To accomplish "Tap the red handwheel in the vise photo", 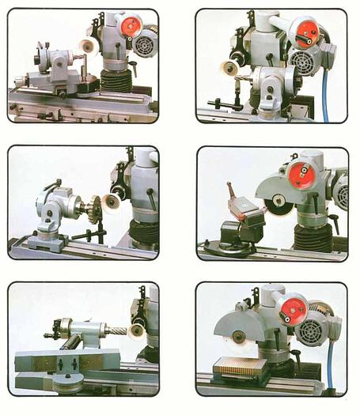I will [x=301, y=175].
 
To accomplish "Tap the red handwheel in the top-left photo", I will [x=131, y=26].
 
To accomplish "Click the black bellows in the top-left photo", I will [x=116, y=80].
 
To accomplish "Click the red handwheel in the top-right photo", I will [x=306, y=33].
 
